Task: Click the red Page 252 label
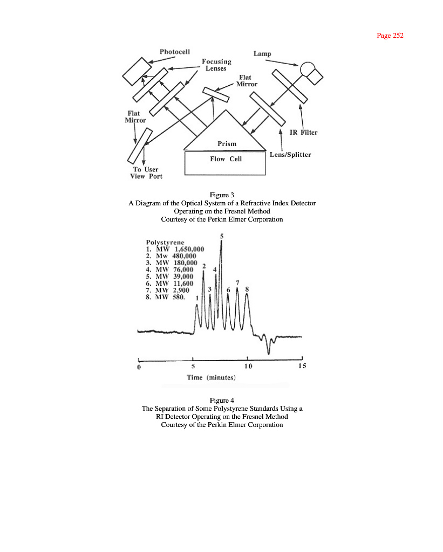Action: pos(390,36)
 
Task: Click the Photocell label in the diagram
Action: pos(174,52)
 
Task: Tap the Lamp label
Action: pos(262,54)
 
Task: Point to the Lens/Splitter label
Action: pos(290,155)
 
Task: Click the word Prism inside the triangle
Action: pos(227,144)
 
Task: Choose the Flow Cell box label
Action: pos(226,159)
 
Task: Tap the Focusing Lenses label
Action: pos(216,65)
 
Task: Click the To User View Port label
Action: pos(146,173)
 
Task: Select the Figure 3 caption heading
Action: pos(222,195)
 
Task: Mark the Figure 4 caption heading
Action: pos(222,400)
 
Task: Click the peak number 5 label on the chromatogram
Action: pos(221,236)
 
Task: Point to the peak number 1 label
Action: pos(197,298)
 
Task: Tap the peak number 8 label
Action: pos(247,289)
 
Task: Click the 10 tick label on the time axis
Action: pos(247,367)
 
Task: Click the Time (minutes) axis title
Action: pos(211,377)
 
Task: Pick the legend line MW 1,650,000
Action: pos(175,250)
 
